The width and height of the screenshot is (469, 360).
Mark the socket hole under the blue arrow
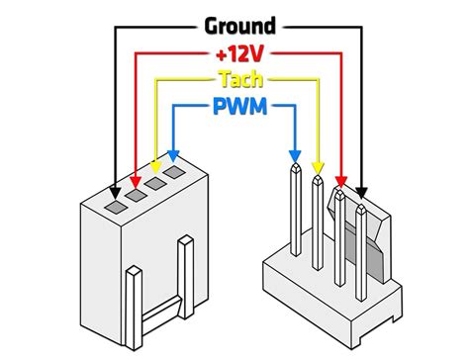coord(175,172)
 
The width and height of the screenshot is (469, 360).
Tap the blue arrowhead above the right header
coord(294,155)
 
